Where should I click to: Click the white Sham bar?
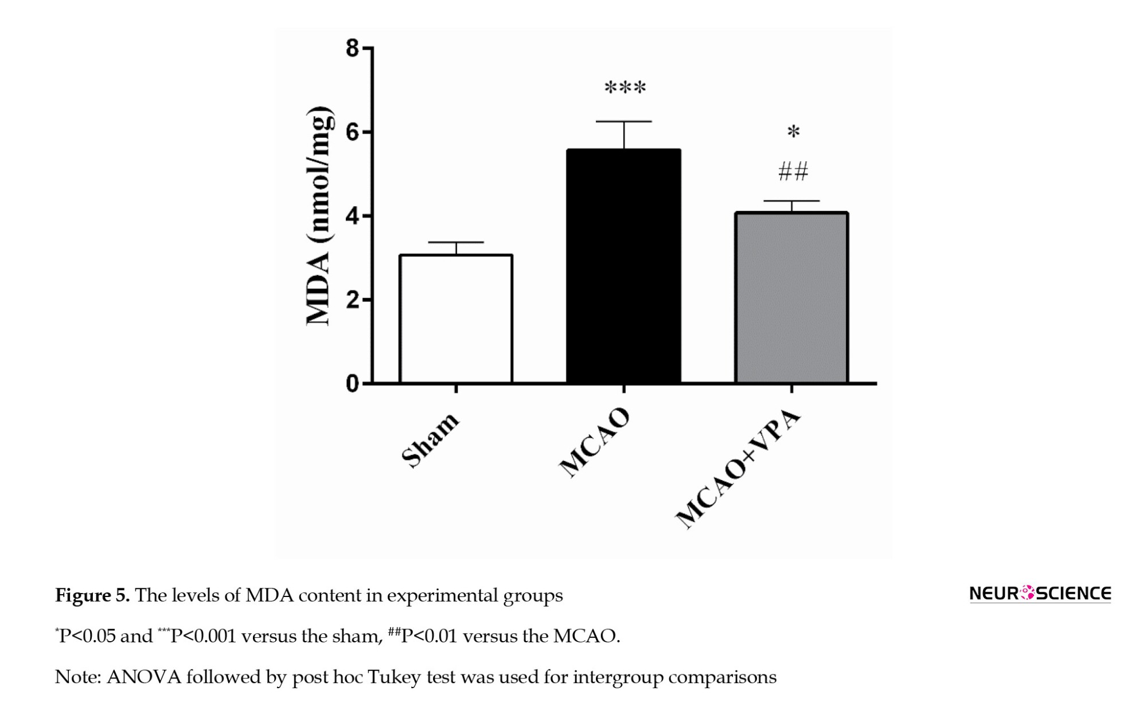456,319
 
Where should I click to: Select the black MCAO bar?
623,267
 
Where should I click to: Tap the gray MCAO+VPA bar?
791,298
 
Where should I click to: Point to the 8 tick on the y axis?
352,48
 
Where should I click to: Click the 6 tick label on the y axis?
352,132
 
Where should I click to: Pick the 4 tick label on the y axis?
352,216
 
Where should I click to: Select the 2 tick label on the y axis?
352,300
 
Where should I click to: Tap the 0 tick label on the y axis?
352,384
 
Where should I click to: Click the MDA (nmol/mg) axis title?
319,216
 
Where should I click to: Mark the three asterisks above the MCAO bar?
625,88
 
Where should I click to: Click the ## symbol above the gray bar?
793,171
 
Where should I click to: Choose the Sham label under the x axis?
430,439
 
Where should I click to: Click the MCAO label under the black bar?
595,442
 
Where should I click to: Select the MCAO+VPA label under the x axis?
738,469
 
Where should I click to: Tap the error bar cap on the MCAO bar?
623,122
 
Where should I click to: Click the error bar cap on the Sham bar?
456,243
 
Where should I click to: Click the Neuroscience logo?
1040,594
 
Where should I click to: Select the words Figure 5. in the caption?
92,595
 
